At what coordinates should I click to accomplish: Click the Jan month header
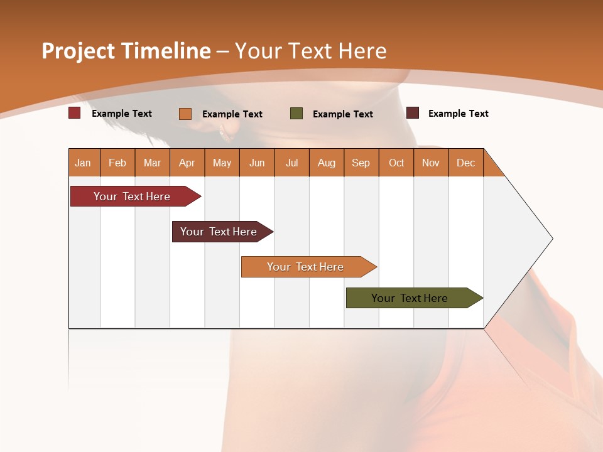(84, 163)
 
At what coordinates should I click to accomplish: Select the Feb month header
(117, 163)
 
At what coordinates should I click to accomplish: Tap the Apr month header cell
(187, 163)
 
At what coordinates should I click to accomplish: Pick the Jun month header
(257, 163)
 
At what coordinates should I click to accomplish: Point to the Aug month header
(327, 163)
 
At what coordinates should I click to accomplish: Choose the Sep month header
(361, 163)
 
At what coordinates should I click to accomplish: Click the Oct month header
(396, 163)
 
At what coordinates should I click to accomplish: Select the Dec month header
(466, 163)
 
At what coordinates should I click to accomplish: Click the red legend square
(75, 113)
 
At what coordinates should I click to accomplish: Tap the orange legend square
(185, 114)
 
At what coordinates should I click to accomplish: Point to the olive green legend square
(296, 113)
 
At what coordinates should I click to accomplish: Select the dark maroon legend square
(413, 113)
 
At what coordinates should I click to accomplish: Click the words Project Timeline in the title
(126, 51)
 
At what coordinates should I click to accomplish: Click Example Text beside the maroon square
(458, 114)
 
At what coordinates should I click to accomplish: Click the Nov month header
(431, 163)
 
